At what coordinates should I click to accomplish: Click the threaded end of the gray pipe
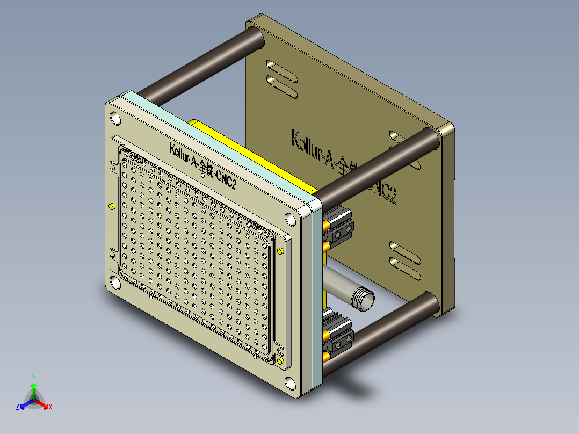click(x=365, y=299)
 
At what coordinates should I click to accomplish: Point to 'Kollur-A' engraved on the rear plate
click(x=310, y=148)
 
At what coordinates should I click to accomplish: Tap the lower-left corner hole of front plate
click(x=115, y=283)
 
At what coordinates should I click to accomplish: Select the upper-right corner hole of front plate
click(x=290, y=219)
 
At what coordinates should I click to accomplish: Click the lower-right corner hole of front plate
click(x=290, y=383)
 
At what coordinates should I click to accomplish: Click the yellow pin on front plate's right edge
click(x=280, y=251)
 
